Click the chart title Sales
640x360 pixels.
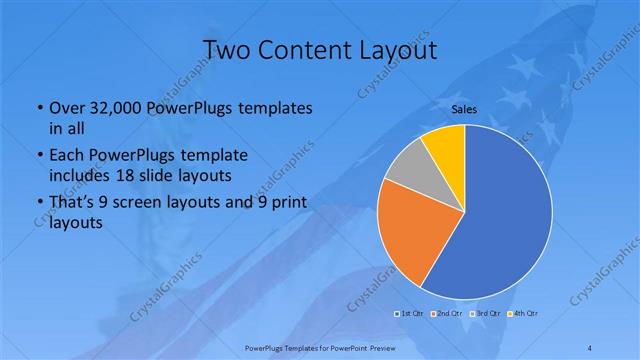(x=464, y=108)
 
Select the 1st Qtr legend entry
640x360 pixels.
(x=410, y=315)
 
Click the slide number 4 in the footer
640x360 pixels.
(x=589, y=347)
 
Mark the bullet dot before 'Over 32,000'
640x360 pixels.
(x=39, y=108)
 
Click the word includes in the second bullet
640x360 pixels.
(x=80, y=175)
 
